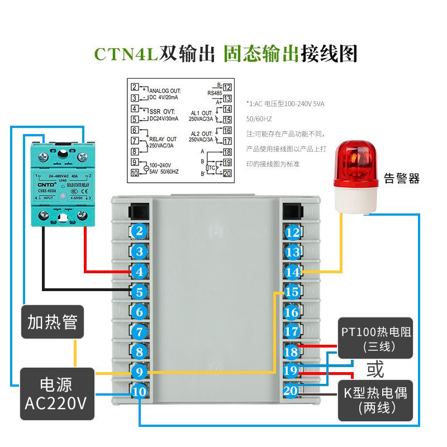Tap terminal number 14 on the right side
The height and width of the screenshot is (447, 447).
(292, 272)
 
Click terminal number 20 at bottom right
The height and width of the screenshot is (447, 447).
(291, 392)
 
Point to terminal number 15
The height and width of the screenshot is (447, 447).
(292, 292)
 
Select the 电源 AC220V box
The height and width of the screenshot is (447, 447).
(56, 393)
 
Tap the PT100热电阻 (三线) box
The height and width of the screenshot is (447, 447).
(375, 339)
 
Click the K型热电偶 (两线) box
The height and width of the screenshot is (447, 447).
(375, 400)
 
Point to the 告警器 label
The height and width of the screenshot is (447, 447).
(401, 179)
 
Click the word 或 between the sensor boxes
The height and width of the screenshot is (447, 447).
(375, 369)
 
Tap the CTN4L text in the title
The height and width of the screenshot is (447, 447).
(125, 54)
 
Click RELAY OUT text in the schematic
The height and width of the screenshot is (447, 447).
(163, 139)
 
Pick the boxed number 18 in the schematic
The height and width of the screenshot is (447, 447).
(227, 152)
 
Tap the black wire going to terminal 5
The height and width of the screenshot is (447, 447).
(84, 289)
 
